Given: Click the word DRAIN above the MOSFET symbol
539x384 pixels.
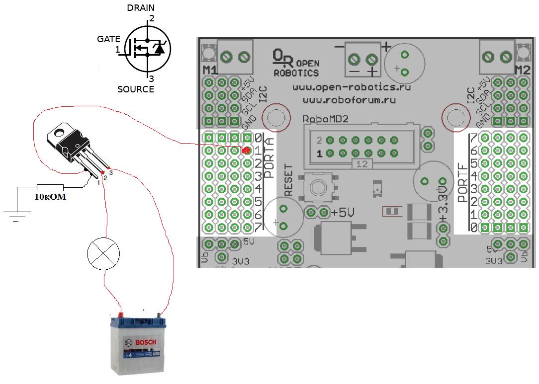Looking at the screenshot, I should pos(141,8).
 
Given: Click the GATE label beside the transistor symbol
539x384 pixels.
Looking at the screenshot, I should pos(108,39).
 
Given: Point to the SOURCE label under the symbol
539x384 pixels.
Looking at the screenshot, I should pos(135,89).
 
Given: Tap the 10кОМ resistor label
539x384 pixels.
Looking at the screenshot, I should pos(50,197).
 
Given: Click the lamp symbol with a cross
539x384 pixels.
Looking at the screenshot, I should pos(103,253).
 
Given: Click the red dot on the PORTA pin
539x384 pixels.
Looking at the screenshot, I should pos(246,150).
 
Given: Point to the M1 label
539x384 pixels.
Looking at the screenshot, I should pos(209,69).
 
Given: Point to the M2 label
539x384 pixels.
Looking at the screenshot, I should pos(523,69).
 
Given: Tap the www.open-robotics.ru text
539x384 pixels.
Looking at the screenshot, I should pos(344,87).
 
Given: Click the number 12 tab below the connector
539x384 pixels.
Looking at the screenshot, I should pos(361,164).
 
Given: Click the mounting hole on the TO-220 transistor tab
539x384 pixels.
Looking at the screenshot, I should pos(59,133).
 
